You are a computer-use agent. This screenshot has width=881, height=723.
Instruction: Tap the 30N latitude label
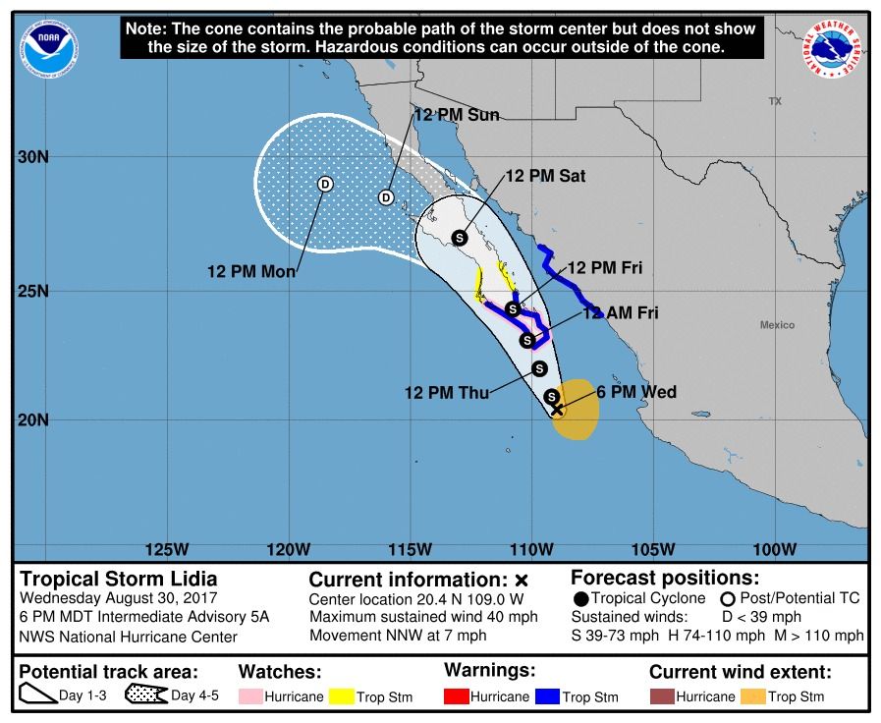coord(33,157)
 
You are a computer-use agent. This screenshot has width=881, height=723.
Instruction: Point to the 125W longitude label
coord(167,548)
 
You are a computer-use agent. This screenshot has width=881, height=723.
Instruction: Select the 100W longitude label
coord(775,548)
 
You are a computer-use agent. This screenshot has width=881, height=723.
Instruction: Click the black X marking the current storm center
coord(558,410)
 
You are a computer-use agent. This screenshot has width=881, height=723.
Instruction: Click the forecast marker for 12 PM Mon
coord(325,184)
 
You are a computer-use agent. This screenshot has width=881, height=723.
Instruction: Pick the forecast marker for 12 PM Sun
coord(386,197)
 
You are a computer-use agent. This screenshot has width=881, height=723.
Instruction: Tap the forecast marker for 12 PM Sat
coord(460,237)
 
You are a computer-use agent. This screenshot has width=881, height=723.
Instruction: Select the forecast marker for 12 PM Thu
coord(539,368)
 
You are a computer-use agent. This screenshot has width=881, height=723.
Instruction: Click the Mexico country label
coord(776,325)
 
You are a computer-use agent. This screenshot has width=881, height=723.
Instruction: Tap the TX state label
coord(774,101)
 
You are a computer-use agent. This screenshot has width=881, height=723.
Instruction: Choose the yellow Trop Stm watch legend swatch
coord(343,697)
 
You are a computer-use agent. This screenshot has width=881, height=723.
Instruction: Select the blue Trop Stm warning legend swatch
coord(547,696)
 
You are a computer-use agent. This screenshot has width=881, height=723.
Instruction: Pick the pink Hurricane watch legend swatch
coord(250,697)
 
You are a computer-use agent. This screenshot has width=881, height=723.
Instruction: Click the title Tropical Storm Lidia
coord(119,579)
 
